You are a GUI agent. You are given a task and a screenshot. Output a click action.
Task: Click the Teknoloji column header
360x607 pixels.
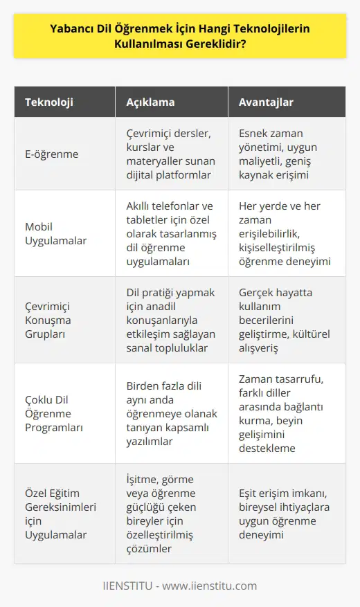tap(49, 102)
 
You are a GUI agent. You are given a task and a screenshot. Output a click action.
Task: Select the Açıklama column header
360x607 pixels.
tap(150, 102)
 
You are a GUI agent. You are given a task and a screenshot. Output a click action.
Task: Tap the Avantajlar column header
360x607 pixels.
tap(267, 102)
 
